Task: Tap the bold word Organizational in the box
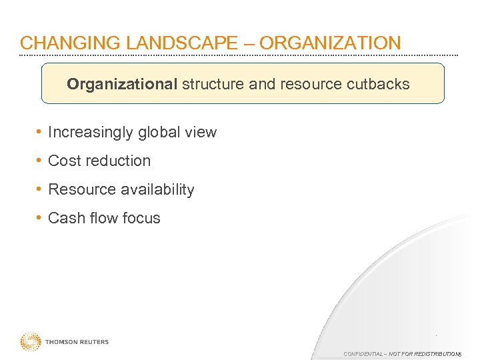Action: coord(122,85)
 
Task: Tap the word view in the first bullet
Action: coord(201,132)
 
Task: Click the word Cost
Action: coord(64,161)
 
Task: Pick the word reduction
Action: coord(117,161)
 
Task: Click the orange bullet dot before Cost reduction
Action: coord(41,161)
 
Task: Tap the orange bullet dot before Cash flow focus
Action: coord(41,218)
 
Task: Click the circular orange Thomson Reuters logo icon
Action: coord(30,342)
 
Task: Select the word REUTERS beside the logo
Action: coord(93,342)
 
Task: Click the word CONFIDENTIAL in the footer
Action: coord(363,353)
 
